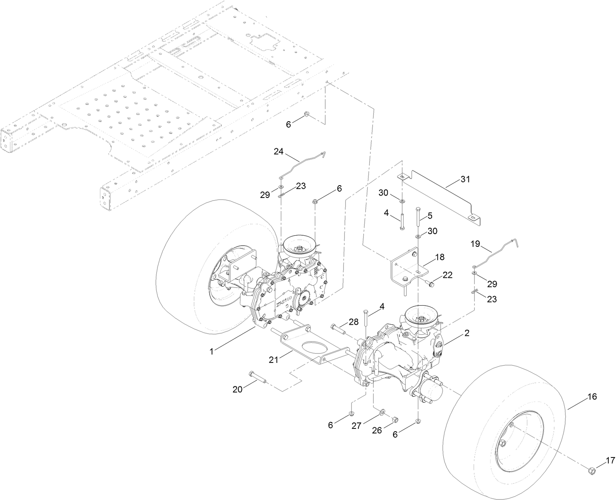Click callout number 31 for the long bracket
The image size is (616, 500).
click(x=465, y=179)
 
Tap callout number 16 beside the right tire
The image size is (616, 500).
click(x=592, y=397)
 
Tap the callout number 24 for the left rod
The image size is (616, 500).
click(x=278, y=151)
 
